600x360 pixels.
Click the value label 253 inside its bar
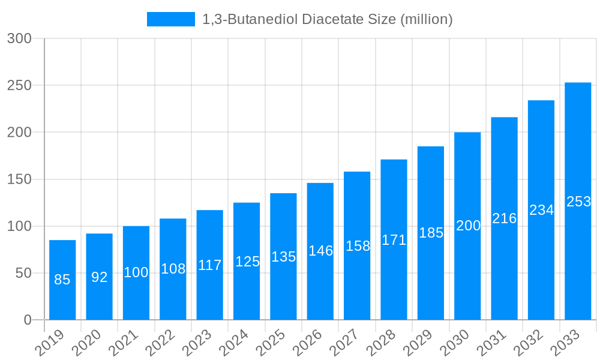578,202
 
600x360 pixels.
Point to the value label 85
62,280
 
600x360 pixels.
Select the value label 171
394,241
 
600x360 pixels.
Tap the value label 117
210,265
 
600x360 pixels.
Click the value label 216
505,218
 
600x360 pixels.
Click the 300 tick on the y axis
19,38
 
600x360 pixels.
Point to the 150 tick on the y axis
19,179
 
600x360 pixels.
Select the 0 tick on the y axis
28,320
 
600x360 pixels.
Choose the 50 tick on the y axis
23,273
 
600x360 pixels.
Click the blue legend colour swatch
171,19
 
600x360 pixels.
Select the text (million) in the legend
425,19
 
